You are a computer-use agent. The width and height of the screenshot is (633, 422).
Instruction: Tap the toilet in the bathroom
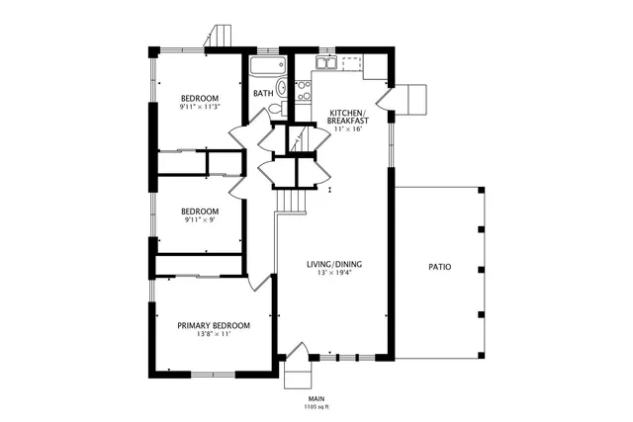[x=281, y=89]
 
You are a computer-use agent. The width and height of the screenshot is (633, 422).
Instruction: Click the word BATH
[x=263, y=94]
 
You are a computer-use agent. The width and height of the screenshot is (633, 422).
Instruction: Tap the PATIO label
[x=440, y=267]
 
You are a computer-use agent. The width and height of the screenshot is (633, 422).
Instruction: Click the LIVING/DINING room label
[x=333, y=264]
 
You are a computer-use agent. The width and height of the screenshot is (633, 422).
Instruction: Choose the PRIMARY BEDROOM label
[x=213, y=325]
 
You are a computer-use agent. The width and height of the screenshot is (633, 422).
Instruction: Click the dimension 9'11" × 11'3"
[x=199, y=107]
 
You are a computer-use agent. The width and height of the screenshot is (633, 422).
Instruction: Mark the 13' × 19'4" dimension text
[x=333, y=274]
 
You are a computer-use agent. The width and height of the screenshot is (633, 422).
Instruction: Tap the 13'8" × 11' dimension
[x=213, y=334]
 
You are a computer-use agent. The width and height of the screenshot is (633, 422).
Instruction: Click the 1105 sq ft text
[x=316, y=406]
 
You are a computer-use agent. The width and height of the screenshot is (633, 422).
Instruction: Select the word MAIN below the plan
[x=316, y=398]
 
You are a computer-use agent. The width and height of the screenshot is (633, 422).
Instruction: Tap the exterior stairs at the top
[x=220, y=36]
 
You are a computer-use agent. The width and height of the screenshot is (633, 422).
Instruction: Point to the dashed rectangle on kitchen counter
[x=352, y=64]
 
